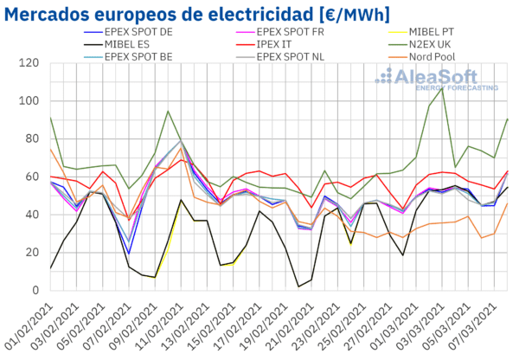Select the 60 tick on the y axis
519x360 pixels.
31,177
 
